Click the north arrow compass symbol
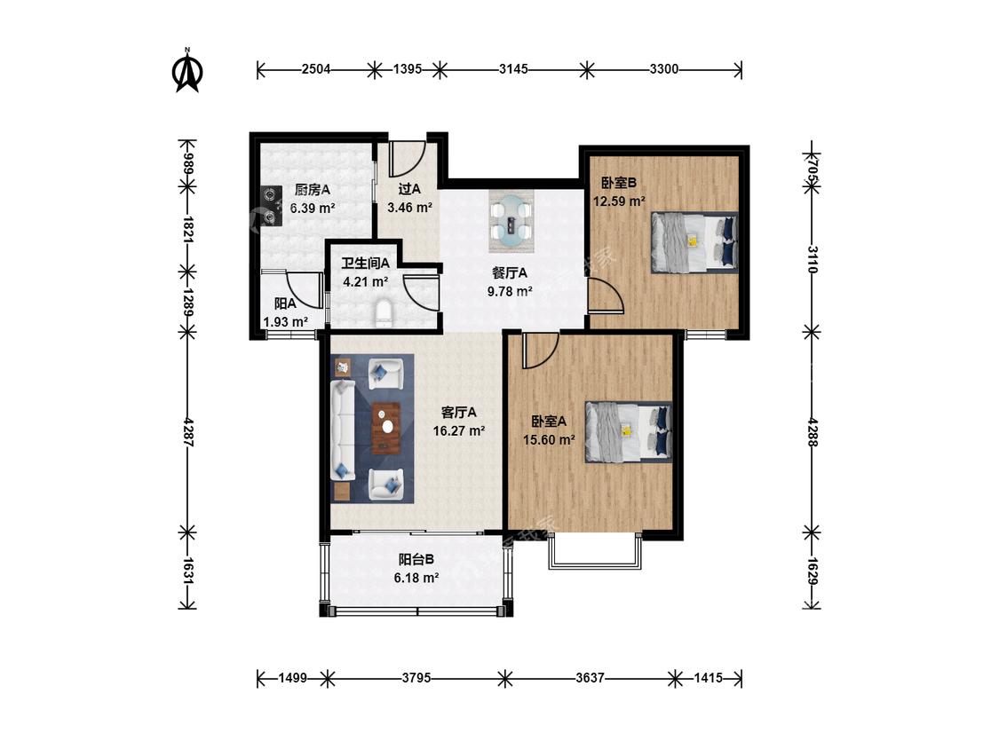click(187, 71)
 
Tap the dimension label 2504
click(316, 69)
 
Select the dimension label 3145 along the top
click(513, 69)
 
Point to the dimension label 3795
click(416, 678)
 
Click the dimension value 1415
click(708, 678)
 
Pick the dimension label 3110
click(813, 259)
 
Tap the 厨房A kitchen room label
click(313, 189)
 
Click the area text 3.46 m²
click(409, 207)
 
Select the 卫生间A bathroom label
click(365, 263)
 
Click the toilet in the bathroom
click(385, 314)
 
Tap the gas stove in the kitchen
click(272, 207)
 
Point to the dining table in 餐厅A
click(511, 221)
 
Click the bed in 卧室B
click(694, 242)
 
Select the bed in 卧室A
click(629, 431)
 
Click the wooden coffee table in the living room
click(385, 428)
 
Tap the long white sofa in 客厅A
click(342, 430)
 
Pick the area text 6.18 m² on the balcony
click(416, 578)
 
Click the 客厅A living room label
click(459, 412)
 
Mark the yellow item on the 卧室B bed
click(694, 240)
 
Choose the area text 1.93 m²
click(286, 321)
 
